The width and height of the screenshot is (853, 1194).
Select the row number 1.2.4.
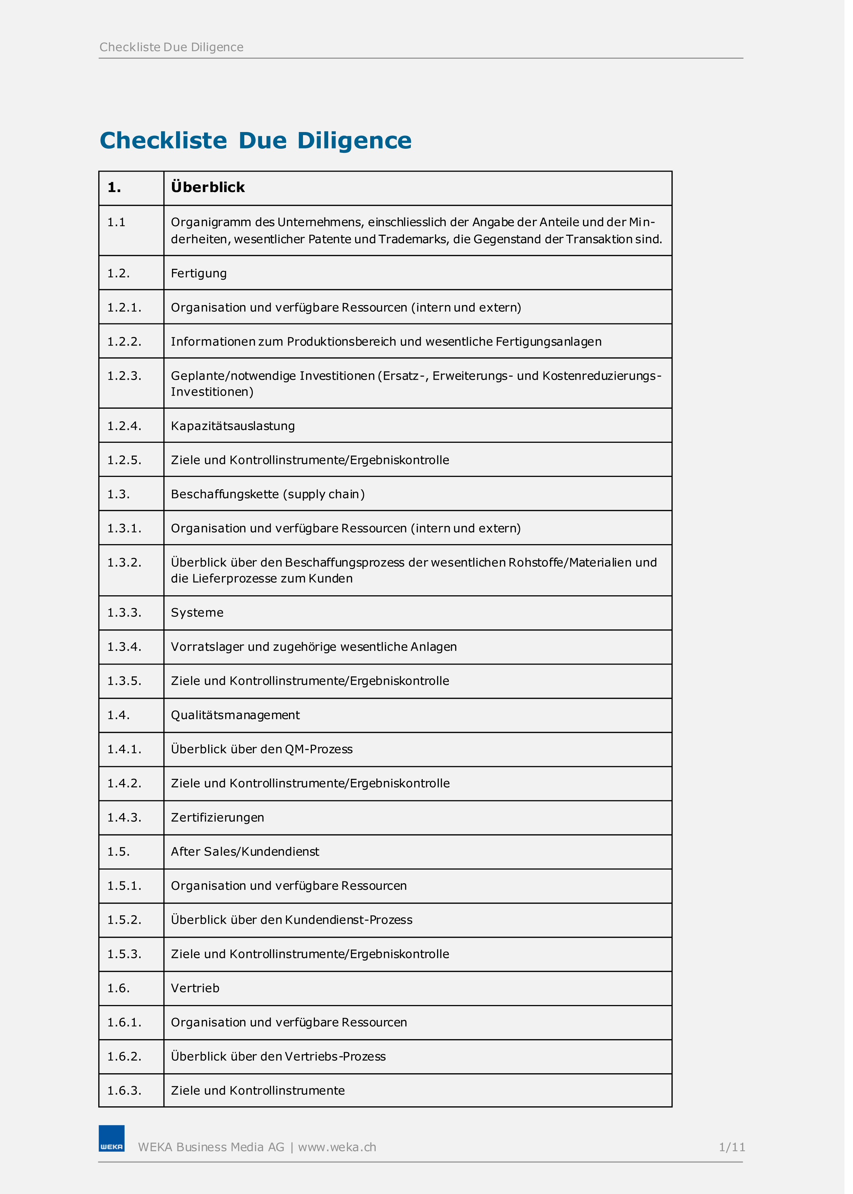pos(125,426)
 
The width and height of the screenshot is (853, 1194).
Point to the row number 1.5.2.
pos(125,920)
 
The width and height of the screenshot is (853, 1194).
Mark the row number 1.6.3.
pos(125,1091)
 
